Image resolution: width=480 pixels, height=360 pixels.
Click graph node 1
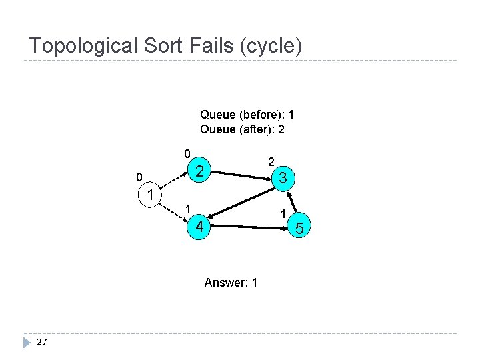click(x=151, y=195)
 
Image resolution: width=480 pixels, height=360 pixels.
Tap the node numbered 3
click(x=283, y=178)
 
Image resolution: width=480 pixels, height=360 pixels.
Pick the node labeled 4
click(x=199, y=227)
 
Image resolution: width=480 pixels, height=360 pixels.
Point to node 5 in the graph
click(x=299, y=229)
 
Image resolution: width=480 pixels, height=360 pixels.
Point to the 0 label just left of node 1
click(x=138, y=177)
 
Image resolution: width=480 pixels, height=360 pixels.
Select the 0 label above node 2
click(x=187, y=153)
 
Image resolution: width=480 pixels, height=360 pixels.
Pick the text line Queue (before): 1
click(x=247, y=115)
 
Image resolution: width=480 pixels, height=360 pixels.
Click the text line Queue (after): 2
click(x=242, y=129)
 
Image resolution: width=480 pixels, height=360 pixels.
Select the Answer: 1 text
click(x=231, y=283)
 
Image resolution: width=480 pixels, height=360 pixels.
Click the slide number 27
click(x=42, y=342)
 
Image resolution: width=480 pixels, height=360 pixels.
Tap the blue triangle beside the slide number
click(x=27, y=342)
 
